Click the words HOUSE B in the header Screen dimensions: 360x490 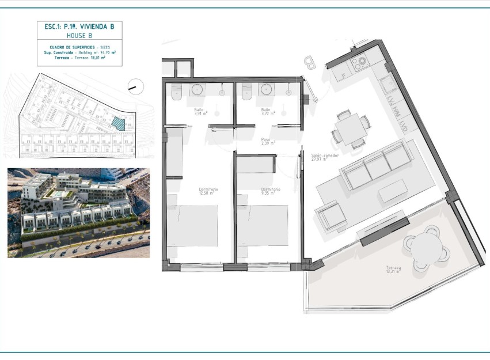coord(79,36)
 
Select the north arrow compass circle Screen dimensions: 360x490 coord(136,87)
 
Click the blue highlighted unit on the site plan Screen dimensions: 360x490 coord(117,123)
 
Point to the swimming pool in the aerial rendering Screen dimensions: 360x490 coord(58,195)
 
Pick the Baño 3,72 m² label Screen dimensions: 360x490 coord(265,112)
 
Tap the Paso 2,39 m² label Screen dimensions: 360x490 coord(265,141)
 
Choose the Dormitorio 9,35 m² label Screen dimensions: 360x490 coord(270,191)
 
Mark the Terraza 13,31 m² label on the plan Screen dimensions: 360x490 coord(394,270)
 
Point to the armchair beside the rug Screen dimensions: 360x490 coord(331,217)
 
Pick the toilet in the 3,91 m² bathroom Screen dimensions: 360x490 coord(177,91)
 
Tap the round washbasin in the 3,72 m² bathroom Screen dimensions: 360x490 coord(266,89)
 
